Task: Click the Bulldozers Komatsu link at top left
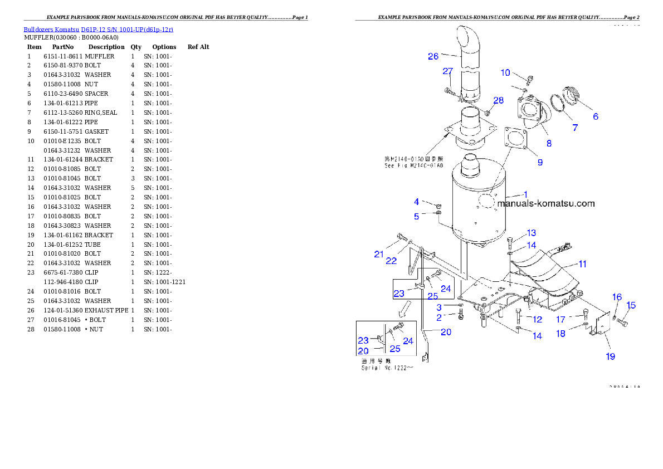(x=98, y=30)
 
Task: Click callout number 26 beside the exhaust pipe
(x=433, y=56)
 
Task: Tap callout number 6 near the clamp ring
(x=595, y=116)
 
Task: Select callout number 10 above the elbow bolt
(x=505, y=72)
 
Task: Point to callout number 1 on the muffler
(x=524, y=194)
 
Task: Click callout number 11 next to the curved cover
(x=582, y=264)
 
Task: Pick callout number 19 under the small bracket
(x=611, y=356)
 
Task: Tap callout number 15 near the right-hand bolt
(x=631, y=305)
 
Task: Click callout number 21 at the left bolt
(x=379, y=254)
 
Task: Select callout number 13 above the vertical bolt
(x=532, y=233)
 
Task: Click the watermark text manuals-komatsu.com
(x=545, y=204)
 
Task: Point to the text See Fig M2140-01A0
(x=413, y=165)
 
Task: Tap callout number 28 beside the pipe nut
(x=498, y=100)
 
